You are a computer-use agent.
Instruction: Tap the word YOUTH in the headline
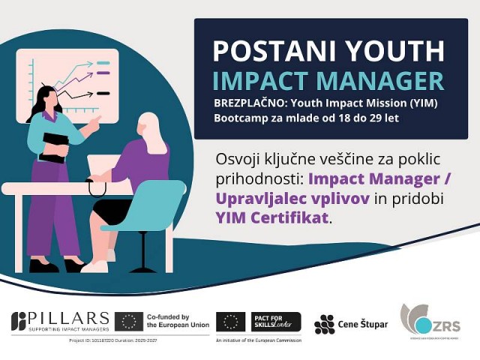tap(391, 51)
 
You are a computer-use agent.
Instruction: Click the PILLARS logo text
tap(70, 318)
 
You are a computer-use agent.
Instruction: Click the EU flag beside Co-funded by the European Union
tap(130, 322)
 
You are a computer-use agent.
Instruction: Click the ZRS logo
tap(430, 320)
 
